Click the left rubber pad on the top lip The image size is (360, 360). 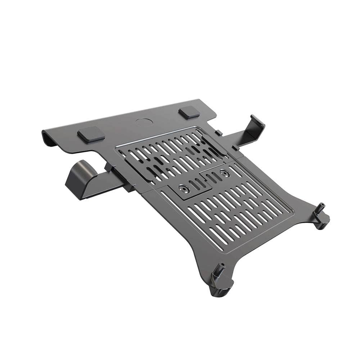tap(91, 134)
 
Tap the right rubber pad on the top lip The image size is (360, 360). tap(189, 112)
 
